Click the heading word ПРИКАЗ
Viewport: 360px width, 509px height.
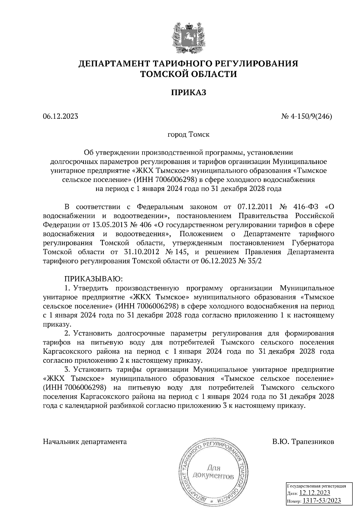189,93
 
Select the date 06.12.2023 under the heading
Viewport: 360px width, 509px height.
60,116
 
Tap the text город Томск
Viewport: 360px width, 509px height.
188,135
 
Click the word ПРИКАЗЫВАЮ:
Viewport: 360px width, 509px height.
94,279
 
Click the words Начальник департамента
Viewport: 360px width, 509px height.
85,442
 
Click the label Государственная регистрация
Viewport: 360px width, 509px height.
316,486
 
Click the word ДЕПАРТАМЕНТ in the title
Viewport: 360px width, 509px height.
115,64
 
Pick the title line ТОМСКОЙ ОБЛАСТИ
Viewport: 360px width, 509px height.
189,74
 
